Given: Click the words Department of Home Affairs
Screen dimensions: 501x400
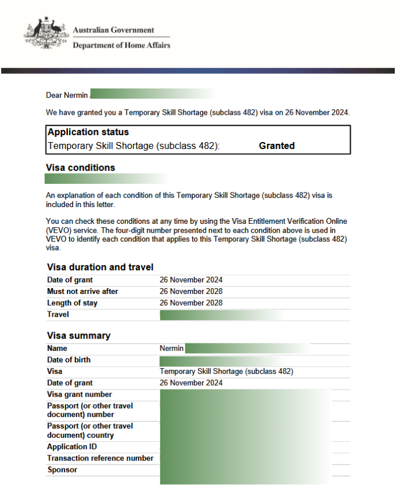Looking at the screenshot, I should click(121, 45).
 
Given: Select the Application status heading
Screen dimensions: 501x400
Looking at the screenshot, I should click(88, 132).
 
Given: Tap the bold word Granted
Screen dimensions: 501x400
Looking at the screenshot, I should click(276, 146).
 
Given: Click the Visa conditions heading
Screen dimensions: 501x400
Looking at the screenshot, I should click(80, 168).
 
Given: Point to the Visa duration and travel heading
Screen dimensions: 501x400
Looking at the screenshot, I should click(100, 267).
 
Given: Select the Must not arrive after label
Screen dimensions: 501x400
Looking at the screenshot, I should click(82, 291).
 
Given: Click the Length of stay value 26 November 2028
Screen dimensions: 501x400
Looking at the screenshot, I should click(191, 303).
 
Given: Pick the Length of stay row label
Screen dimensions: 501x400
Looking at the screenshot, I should click(72, 303).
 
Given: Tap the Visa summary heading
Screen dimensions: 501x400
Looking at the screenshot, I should click(78, 336).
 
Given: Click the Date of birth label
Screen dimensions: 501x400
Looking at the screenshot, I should click(69, 360).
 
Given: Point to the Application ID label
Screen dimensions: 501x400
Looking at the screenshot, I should click(72, 446).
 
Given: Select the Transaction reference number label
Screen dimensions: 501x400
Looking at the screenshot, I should click(100, 458).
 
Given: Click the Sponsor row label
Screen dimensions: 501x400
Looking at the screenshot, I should click(62, 470).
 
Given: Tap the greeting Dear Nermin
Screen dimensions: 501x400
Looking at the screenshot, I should click(67, 95).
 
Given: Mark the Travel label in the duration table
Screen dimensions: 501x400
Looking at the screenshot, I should click(58, 314).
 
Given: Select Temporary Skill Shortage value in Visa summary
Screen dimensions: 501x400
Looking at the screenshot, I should click(226, 371).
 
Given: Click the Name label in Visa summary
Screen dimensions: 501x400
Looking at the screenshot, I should click(57, 348).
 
